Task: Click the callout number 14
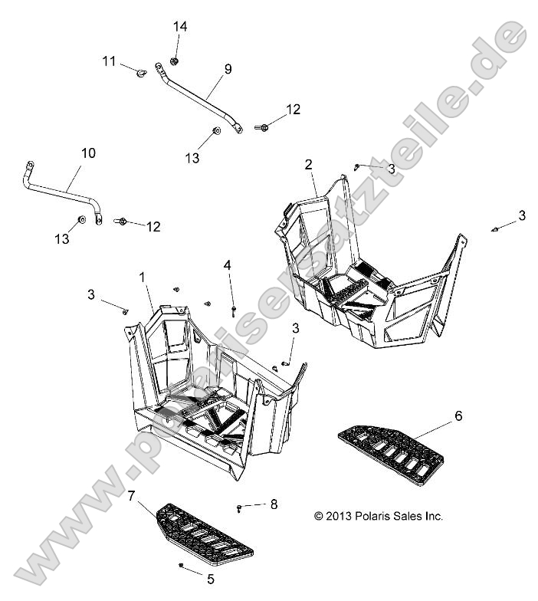[x=179, y=27]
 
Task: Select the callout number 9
[x=228, y=69]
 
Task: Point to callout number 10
[x=88, y=153]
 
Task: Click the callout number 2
[x=308, y=164]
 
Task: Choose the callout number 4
[x=228, y=265]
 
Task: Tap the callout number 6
[x=458, y=416]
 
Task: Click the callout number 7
[x=132, y=497]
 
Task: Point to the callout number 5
[x=211, y=579]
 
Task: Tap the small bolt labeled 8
[x=241, y=506]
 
